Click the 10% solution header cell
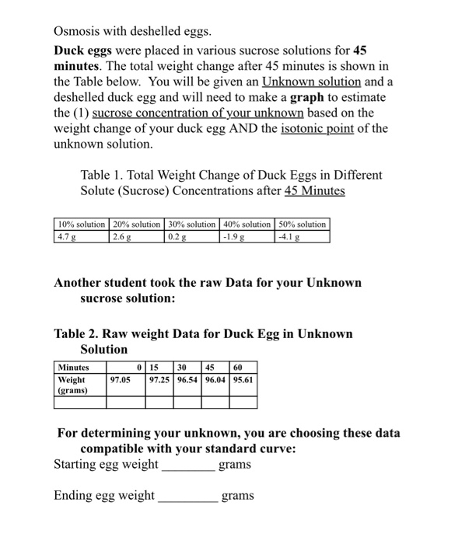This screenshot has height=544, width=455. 82,224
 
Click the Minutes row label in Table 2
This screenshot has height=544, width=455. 74,367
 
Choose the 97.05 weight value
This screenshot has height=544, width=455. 120,380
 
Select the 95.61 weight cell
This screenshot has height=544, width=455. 243,380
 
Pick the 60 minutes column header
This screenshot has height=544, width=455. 238,367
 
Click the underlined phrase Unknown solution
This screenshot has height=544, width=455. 311,82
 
